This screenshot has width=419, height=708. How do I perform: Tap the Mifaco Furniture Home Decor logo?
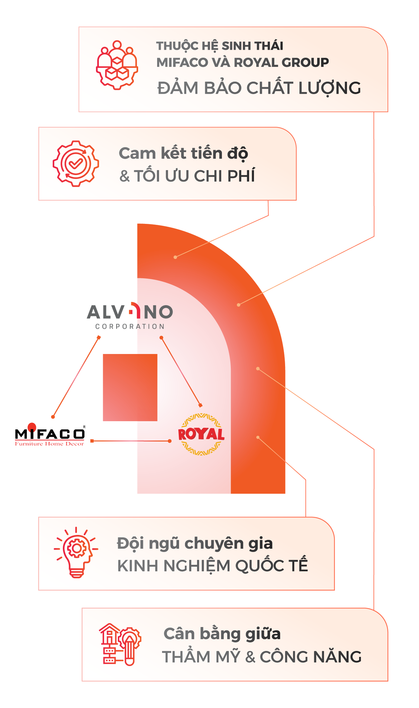point(50,435)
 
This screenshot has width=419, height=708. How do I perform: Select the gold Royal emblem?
point(201,434)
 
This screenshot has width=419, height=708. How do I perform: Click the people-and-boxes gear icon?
point(117,65)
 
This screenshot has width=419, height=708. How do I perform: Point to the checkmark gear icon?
point(76,164)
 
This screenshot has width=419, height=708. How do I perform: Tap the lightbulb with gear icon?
point(76,553)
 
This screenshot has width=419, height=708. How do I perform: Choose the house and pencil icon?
point(120,644)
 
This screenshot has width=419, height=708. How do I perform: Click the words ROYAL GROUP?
point(282,62)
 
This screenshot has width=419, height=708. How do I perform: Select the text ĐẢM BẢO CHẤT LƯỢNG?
point(259,88)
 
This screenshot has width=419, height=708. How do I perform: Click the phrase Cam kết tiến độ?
point(183,153)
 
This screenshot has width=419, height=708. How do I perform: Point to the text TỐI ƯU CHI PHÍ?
point(194,176)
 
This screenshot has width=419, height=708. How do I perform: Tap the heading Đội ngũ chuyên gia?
point(195,543)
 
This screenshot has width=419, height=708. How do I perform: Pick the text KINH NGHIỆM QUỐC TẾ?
point(212,566)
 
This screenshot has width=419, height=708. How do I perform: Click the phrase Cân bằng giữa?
point(222,634)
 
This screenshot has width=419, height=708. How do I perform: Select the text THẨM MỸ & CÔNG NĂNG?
point(262,657)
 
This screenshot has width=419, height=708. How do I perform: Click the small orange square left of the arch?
point(130,387)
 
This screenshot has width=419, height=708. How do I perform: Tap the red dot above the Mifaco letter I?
point(32,427)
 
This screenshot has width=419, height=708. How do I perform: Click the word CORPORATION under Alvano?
point(130,326)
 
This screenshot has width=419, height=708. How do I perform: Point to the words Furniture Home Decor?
point(49,444)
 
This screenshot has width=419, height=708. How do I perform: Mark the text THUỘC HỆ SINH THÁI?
point(220,46)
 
